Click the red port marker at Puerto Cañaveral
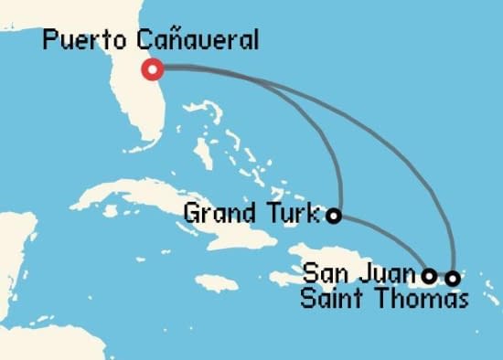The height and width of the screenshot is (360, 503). click(x=153, y=69)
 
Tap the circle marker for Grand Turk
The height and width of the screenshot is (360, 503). click(x=335, y=217)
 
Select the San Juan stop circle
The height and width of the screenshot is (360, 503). click(x=429, y=273)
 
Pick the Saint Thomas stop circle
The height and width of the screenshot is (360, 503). click(x=451, y=274)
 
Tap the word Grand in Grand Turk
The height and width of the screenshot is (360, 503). click(x=218, y=215)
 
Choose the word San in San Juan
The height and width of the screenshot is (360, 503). click(x=325, y=272)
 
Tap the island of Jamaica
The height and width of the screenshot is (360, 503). click(x=216, y=282)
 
